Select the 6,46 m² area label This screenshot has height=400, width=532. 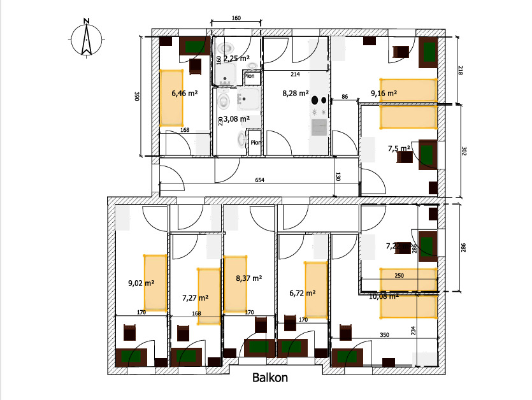coord(184,93)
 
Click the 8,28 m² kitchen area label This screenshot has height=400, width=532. coord(296,93)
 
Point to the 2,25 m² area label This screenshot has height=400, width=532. coord(236,58)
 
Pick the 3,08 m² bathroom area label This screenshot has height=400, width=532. coord(236,118)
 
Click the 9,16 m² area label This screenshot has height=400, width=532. coord(384,93)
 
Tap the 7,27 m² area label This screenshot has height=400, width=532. coord(196,297)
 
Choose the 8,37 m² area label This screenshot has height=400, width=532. coord(249,278)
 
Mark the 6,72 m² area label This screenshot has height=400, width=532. coord(303,293)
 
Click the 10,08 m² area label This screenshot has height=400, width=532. coord(384,296)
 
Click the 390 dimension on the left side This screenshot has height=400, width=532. coord(136,96)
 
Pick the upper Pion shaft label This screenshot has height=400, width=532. coord(250,76)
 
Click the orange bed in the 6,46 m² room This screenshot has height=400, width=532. coord(171,97)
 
